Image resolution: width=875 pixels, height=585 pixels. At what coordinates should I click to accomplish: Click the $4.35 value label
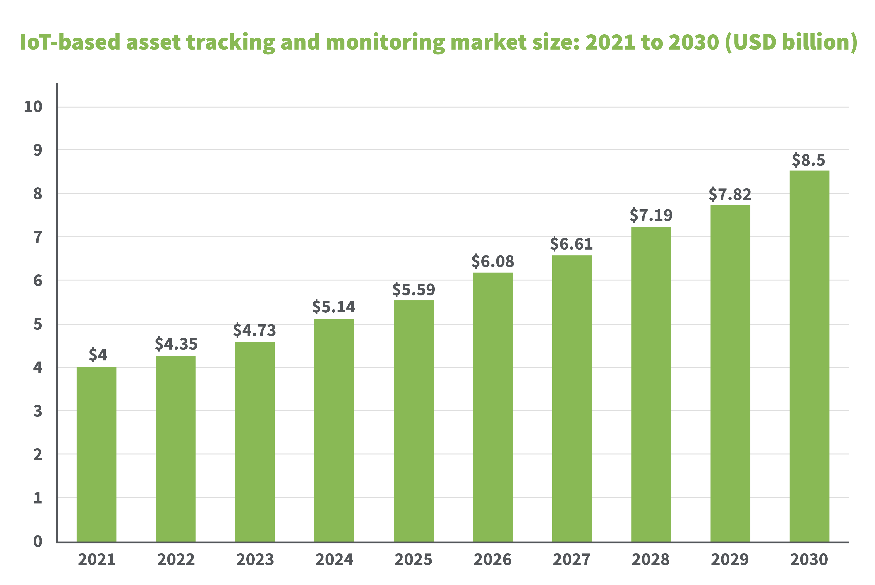(x=176, y=344)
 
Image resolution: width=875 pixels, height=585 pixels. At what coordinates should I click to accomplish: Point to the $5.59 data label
(x=413, y=290)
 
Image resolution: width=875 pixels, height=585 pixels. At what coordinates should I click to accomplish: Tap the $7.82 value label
(x=730, y=194)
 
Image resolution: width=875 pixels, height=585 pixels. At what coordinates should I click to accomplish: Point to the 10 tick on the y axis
(x=33, y=107)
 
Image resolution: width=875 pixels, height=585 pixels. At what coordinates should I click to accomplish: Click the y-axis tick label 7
(x=38, y=237)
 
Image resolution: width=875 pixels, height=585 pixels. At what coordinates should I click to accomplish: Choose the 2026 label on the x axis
(x=493, y=560)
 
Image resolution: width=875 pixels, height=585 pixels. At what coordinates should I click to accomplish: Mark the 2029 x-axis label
(x=730, y=560)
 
